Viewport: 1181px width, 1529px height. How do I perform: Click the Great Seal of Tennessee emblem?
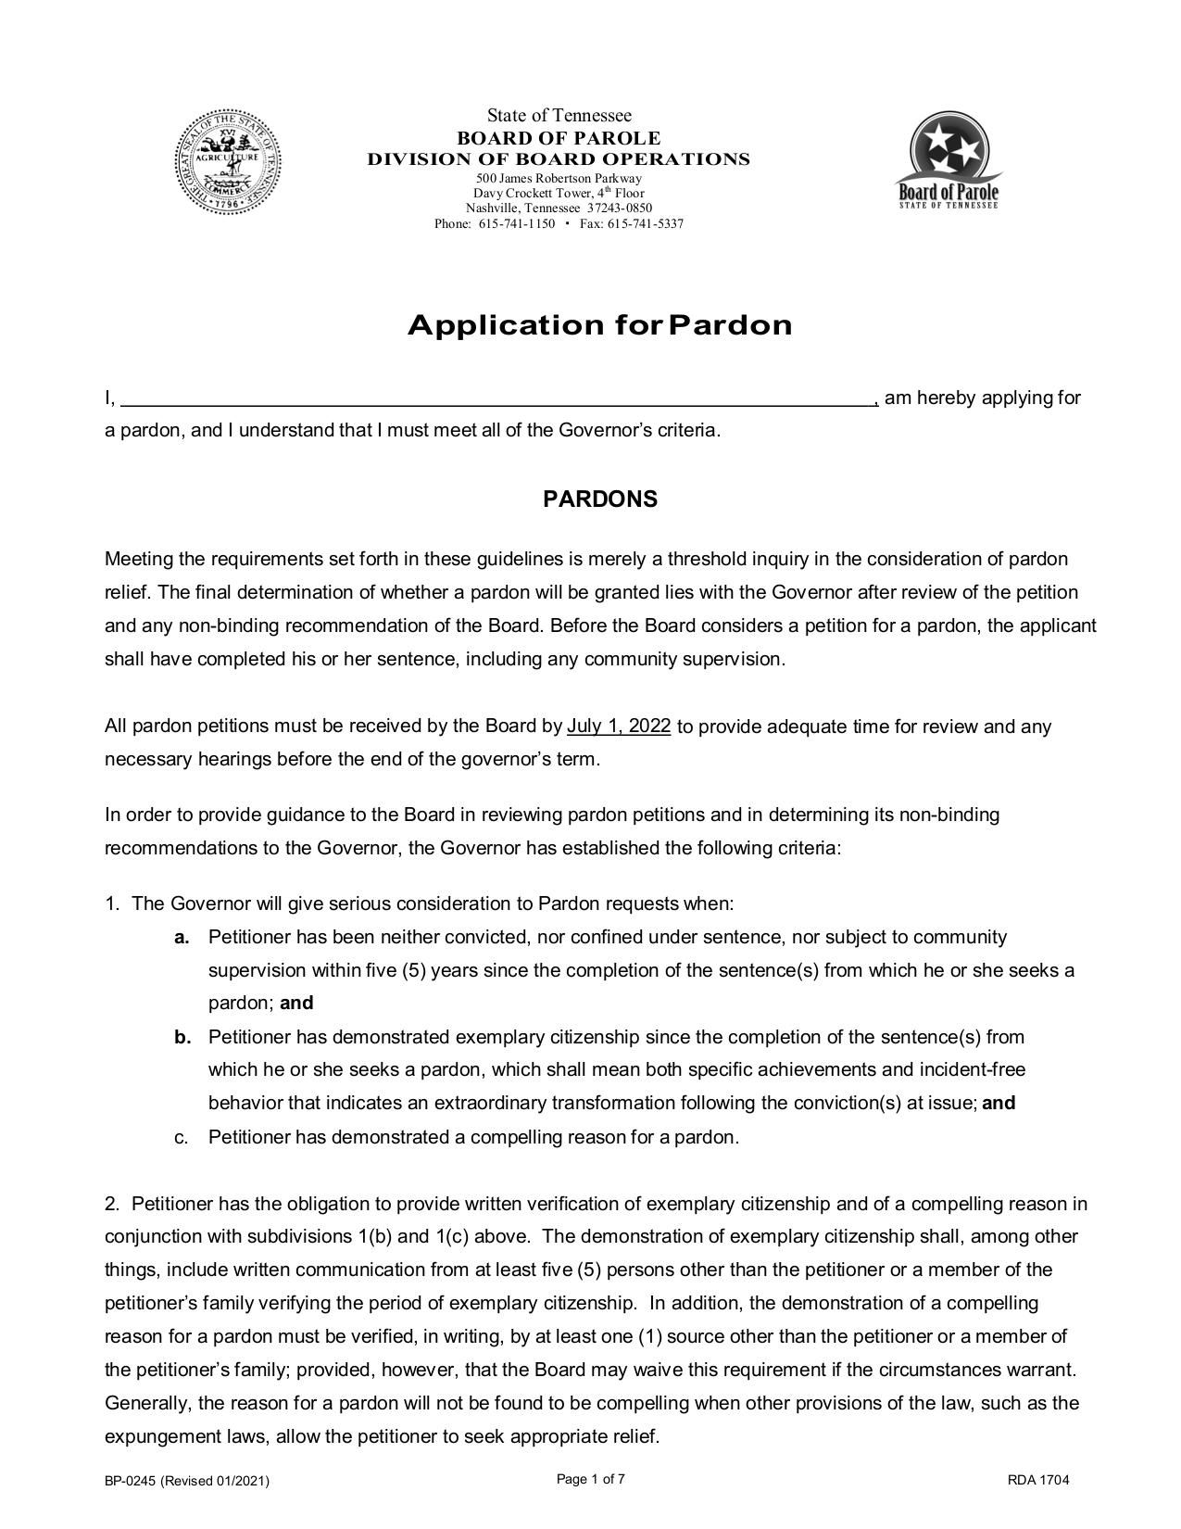tap(229, 162)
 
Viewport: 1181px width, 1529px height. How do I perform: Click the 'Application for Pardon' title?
tap(599, 325)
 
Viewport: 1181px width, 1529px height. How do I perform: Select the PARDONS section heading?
tap(599, 499)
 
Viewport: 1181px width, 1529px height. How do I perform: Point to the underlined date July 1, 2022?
tap(619, 726)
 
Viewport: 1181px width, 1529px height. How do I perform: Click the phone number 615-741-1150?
tap(516, 224)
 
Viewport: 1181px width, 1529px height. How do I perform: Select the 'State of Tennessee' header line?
tap(559, 116)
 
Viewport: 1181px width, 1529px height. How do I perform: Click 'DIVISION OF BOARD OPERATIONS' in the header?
tap(559, 159)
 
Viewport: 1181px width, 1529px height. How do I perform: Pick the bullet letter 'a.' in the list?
tap(182, 937)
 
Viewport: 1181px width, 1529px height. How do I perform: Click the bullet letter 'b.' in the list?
tap(182, 1037)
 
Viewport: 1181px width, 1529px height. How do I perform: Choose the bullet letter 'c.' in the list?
tap(182, 1137)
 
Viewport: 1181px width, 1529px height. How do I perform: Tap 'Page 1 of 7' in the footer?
tap(590, 1479)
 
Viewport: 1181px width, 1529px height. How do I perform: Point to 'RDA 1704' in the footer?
tap(1038, 1480)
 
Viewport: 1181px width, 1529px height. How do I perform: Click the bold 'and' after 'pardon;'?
tap(296, 1004)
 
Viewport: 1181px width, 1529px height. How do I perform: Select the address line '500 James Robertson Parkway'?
tap(559, 178)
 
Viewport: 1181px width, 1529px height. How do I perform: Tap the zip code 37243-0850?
tap(620, 208)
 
